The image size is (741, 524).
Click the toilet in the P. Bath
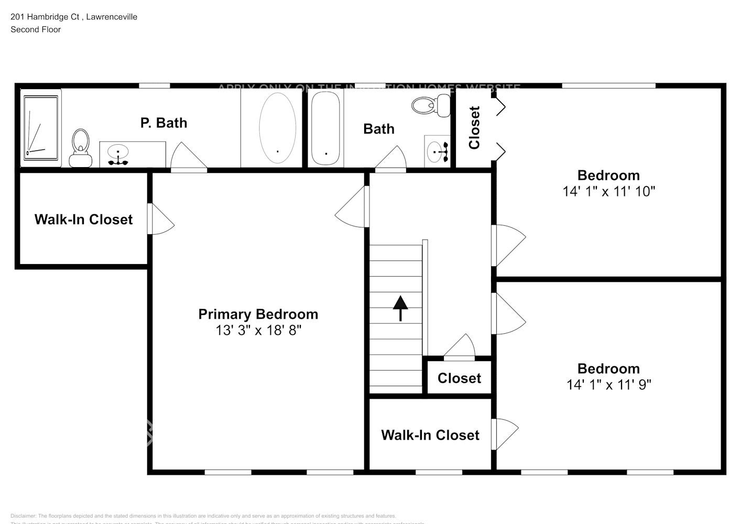(x=80, y=147)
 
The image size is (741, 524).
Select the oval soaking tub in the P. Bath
(x=277, y=127)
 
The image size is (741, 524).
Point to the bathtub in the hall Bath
(x=325, y=127)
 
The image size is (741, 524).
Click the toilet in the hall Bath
(x=431, y=105)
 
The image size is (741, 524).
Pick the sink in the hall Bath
(x=437, y=151)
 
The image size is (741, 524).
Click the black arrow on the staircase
(x=400, y=308)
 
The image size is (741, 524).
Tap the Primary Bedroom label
(x=258, y=314)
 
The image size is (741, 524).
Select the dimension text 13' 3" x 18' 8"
(x=258, y=330)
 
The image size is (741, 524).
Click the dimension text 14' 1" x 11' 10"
(x=608, y=191)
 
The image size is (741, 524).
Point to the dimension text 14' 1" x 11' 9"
(x=608, y=385)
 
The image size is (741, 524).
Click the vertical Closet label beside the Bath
(x=474, y=128)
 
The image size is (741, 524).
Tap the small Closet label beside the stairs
(x=459, y=378)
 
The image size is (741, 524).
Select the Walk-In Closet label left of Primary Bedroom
(x=83, y=219)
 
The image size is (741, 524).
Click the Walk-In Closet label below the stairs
(x=430, y=435)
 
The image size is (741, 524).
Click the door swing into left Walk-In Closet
(x=161, y=220)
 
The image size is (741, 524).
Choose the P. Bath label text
(x=164, y=123)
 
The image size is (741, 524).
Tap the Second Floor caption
(x=36, y=29)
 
